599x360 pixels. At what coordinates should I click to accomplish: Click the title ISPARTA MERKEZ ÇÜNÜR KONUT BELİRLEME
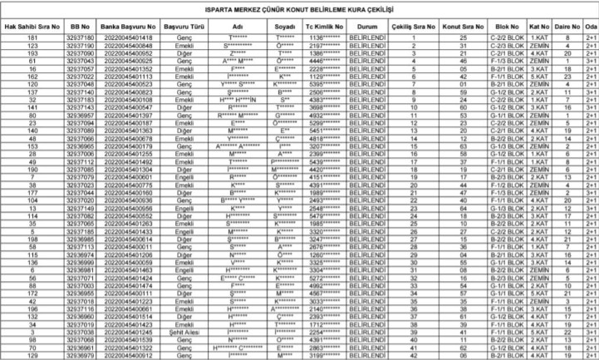pos(299,9)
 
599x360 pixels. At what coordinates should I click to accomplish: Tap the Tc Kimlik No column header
pos(322,26)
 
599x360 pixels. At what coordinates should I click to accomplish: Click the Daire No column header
pos(567,26)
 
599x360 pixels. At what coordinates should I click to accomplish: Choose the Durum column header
pos(365,26)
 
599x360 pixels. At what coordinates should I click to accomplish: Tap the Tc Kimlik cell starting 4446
pos(322,61)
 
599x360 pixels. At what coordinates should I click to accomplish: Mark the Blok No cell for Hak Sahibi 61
pos(504,61)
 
